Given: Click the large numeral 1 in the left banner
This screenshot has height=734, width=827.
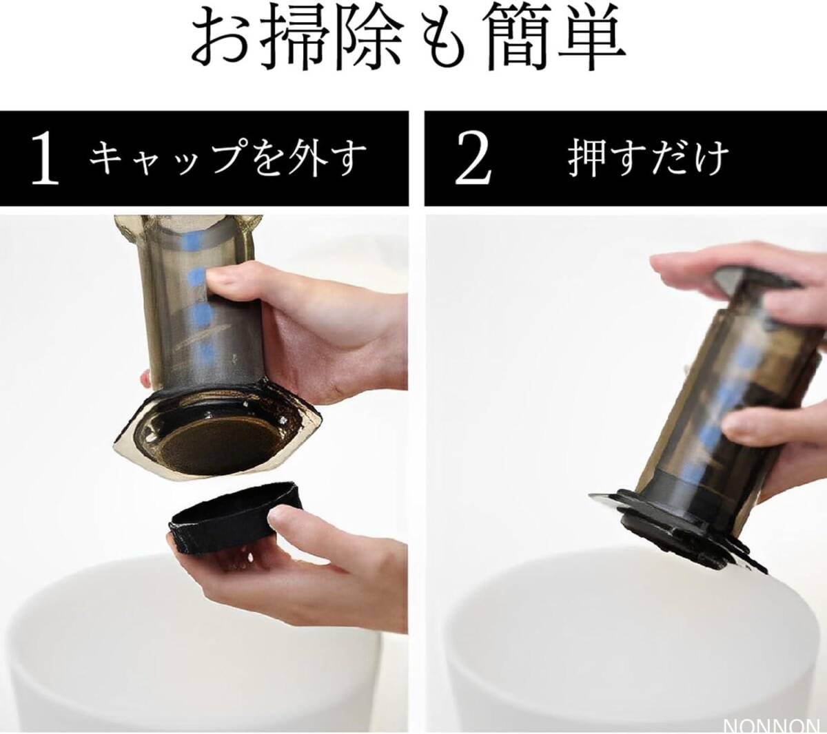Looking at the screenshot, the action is tap(44, 158).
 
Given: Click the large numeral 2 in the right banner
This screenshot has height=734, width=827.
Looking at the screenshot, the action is tap(473, 158).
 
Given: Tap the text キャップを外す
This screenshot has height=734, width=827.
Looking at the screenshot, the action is tap(228, 158).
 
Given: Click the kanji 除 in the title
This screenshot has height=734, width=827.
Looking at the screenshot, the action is tap(373, 41).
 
